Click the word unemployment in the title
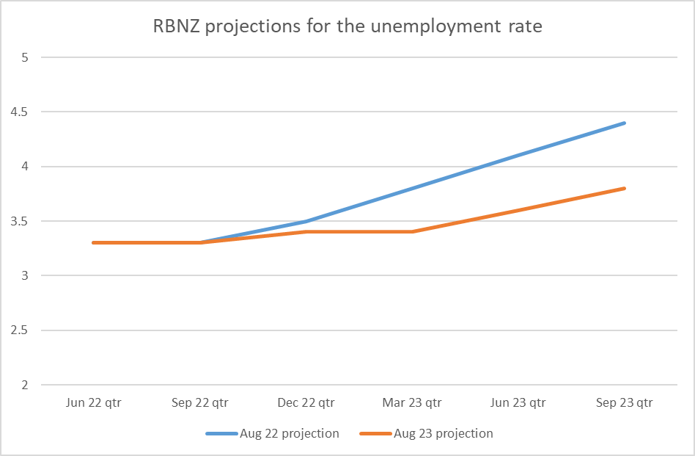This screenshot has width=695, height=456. coord(416,26)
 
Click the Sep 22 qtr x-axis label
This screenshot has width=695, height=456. coord(199,402)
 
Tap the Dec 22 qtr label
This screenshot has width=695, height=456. coord(306,402)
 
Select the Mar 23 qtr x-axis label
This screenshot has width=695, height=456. coord(412,402)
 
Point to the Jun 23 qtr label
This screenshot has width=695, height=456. coord(518,402)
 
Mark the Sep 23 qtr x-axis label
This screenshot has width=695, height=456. coord(624,402)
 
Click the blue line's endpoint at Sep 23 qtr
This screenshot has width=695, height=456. coord(624,123)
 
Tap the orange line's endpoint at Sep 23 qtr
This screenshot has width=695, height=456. coord(624,189)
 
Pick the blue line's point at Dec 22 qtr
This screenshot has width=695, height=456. coord(306,221)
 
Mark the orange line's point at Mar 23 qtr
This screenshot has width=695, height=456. coord(412,232)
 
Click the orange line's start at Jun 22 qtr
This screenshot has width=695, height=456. coord(94,242)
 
